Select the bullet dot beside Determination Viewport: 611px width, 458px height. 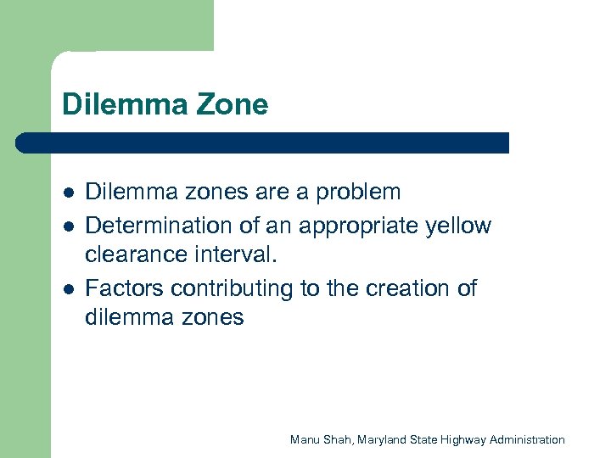67,226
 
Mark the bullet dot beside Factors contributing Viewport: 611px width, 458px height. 67,289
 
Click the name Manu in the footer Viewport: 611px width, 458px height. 304,439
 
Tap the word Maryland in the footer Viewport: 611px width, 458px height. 383,439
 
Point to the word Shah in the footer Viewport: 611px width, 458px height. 338,439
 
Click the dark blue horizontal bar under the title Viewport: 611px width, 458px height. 263,142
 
